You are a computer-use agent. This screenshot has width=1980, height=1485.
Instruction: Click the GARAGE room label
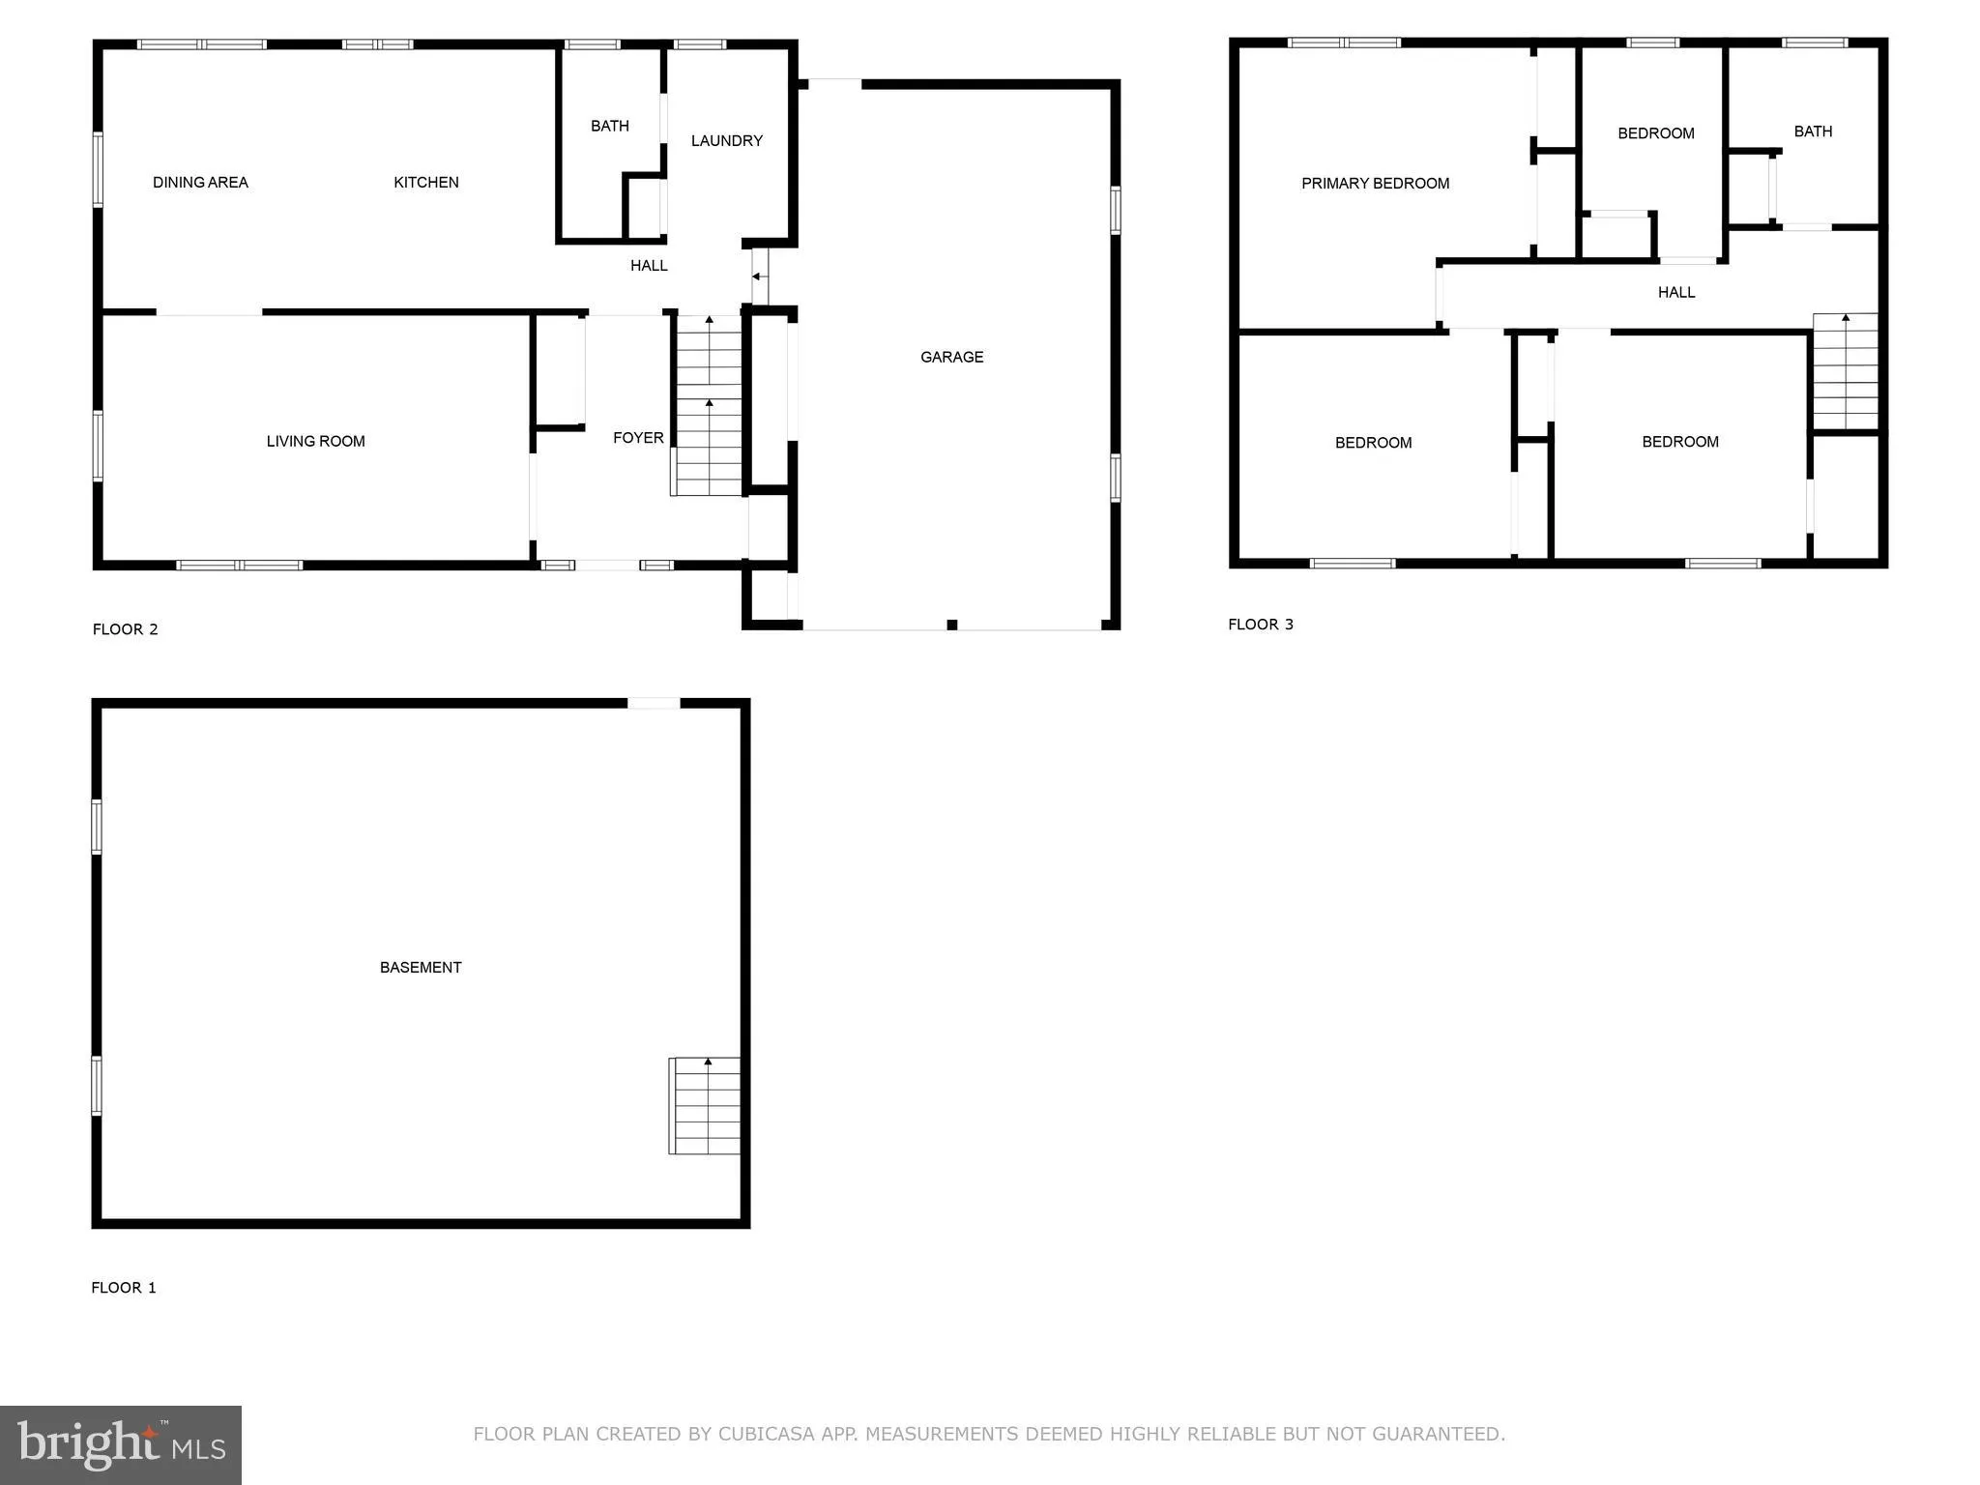point(951,357)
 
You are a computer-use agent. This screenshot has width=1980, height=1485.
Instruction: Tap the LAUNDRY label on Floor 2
point(726,140)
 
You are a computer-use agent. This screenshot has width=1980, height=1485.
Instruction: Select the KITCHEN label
point(425,182)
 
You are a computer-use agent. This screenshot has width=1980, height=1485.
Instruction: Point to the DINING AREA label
point(200,182)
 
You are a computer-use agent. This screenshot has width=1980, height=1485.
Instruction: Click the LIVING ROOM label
point(315,441)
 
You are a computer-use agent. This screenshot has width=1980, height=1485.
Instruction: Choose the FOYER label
point(638,438)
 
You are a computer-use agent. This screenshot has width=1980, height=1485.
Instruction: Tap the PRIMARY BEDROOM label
point(1375,183)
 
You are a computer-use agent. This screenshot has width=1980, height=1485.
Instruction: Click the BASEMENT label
point(421,967)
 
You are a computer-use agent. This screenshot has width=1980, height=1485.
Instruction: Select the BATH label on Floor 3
point(1813,131)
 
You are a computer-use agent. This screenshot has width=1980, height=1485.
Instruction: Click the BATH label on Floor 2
point(609,126)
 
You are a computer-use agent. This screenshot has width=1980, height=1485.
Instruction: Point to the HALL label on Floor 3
point(1675,292)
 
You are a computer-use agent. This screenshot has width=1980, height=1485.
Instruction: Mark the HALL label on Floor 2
point(649,265)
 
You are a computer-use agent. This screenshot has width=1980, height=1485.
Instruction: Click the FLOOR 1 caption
point(123,1287)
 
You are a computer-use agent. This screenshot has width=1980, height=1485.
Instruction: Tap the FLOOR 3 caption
point(1260,624)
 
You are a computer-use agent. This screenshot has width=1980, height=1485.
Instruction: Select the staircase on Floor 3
point(1845,371)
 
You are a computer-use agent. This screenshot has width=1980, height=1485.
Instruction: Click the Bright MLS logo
point(121,1444)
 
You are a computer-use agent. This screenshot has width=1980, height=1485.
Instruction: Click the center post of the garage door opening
point(951,625)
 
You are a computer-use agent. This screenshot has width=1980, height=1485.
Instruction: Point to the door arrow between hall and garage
point(758,277)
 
